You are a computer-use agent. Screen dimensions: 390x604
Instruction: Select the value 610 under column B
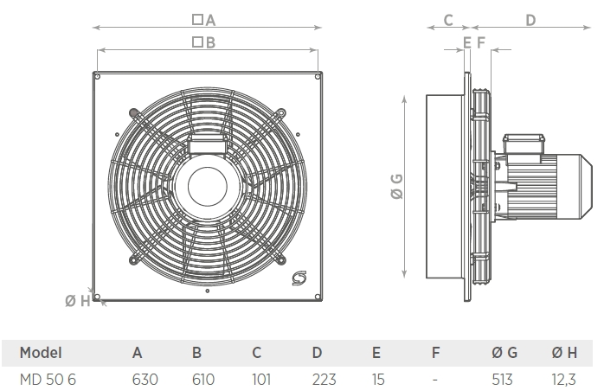coord(203,379)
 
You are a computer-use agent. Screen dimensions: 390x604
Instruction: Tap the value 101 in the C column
coord(260,379)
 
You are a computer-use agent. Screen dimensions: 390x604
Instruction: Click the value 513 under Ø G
coord(502,379)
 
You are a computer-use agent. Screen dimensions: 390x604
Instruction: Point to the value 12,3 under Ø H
coord(564,379)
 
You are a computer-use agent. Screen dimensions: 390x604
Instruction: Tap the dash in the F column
coord(435,379)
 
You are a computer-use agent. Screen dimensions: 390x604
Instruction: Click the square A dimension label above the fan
coord(203,19)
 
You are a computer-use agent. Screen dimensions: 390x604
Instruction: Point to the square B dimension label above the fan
coord(203,41)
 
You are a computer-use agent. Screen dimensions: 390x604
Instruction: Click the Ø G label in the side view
coord(397,187)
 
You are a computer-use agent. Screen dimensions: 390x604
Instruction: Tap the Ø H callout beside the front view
coord(77,300)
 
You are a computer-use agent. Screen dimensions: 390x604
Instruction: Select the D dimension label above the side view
coord(530,19)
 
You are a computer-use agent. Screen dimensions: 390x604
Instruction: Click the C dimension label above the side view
coord(448,19)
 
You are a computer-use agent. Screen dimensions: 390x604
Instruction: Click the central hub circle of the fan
coord(209,184)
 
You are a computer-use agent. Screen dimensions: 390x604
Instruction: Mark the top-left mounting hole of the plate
coord(98,78)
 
